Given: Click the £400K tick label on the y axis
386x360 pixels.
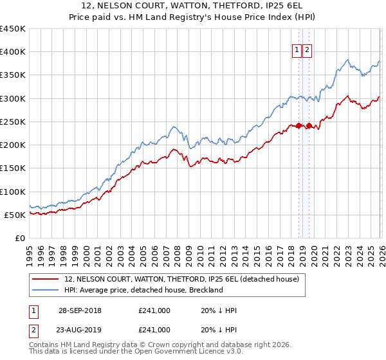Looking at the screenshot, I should (13, 52).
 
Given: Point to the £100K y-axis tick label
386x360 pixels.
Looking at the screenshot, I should (13, 192).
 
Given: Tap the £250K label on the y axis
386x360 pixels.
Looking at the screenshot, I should (13, 122).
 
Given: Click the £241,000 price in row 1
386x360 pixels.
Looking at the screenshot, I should (154, 310).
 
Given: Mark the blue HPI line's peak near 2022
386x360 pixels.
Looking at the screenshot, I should (348, 60).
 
